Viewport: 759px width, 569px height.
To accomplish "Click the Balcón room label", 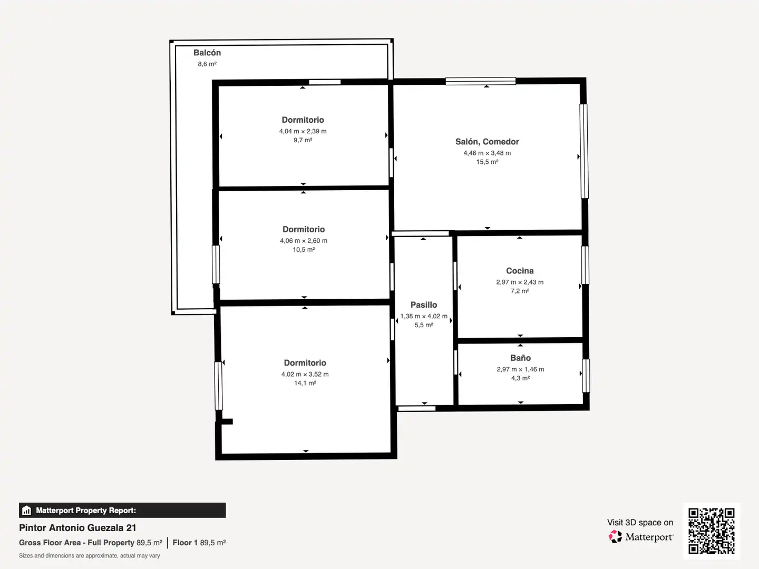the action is click(207, 53).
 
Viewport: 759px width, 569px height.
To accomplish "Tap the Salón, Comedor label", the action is click(487, 142).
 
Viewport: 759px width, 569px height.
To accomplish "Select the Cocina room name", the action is click(520, 271).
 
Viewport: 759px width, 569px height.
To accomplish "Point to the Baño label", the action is click(520, 358).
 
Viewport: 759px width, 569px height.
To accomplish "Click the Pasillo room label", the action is click(424, 305).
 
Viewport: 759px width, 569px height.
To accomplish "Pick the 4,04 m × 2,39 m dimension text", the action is click(303, 131).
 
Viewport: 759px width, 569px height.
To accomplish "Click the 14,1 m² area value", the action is click(305, 383).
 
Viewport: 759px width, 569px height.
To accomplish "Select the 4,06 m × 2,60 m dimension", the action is click(304, 241).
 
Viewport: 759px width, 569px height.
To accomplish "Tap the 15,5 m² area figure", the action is click(487, 162).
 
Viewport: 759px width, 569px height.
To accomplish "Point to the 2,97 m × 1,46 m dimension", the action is click(520, 369).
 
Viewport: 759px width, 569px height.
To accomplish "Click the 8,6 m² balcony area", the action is click(207, 64).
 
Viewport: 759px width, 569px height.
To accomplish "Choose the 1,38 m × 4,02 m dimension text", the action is click(424, 316).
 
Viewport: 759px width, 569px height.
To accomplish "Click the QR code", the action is click(711, 531).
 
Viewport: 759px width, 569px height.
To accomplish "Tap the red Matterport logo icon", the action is click(615, 536).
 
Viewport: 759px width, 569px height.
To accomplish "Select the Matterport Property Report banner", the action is click(122, 511).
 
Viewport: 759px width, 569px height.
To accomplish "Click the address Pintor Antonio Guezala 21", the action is click(77, 528).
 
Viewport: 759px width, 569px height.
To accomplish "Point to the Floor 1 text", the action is click(185, 543).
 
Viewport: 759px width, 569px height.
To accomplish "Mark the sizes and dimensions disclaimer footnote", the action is click(89, 556).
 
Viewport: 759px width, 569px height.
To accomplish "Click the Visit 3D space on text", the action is click(640, 523).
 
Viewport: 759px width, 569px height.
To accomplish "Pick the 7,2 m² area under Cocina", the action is click(520, 291).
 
